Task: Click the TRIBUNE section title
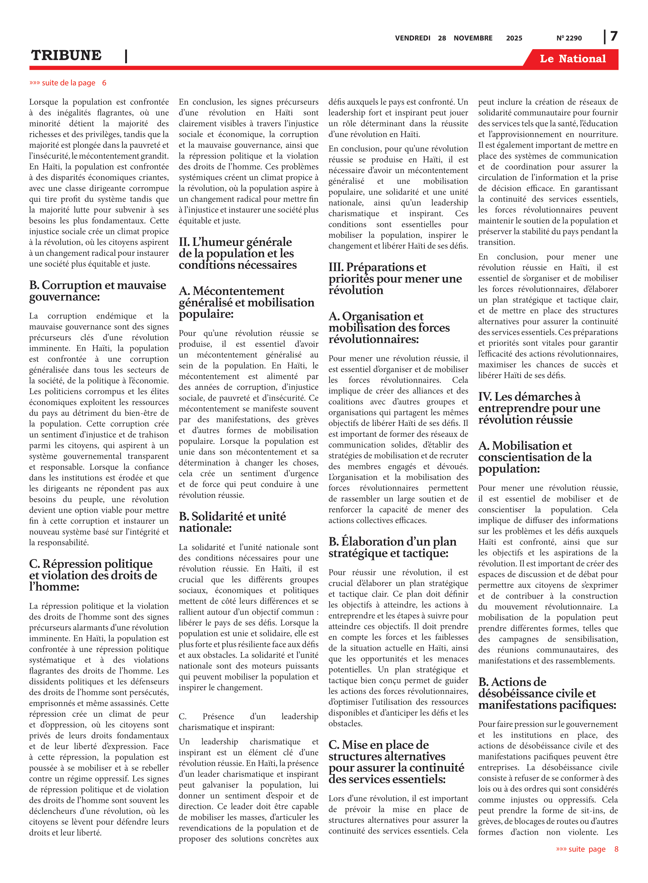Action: point(66,56)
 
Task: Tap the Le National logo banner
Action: point(572,59)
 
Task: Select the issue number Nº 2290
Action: point(569,38)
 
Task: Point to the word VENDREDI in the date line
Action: point(412,38)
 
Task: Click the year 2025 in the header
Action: point(514,38)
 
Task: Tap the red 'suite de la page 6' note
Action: point(67,83)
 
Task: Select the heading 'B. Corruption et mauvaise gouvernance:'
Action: point(97,291)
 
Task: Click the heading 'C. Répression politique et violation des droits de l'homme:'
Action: point(93,575)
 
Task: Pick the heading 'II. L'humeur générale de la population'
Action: point(237,253)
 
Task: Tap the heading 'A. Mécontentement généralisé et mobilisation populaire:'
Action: point(246,302)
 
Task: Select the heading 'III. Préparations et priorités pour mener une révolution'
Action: point(395,279)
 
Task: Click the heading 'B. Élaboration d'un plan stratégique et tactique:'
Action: point(392,547)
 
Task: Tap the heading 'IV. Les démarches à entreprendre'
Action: point(539,408)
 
